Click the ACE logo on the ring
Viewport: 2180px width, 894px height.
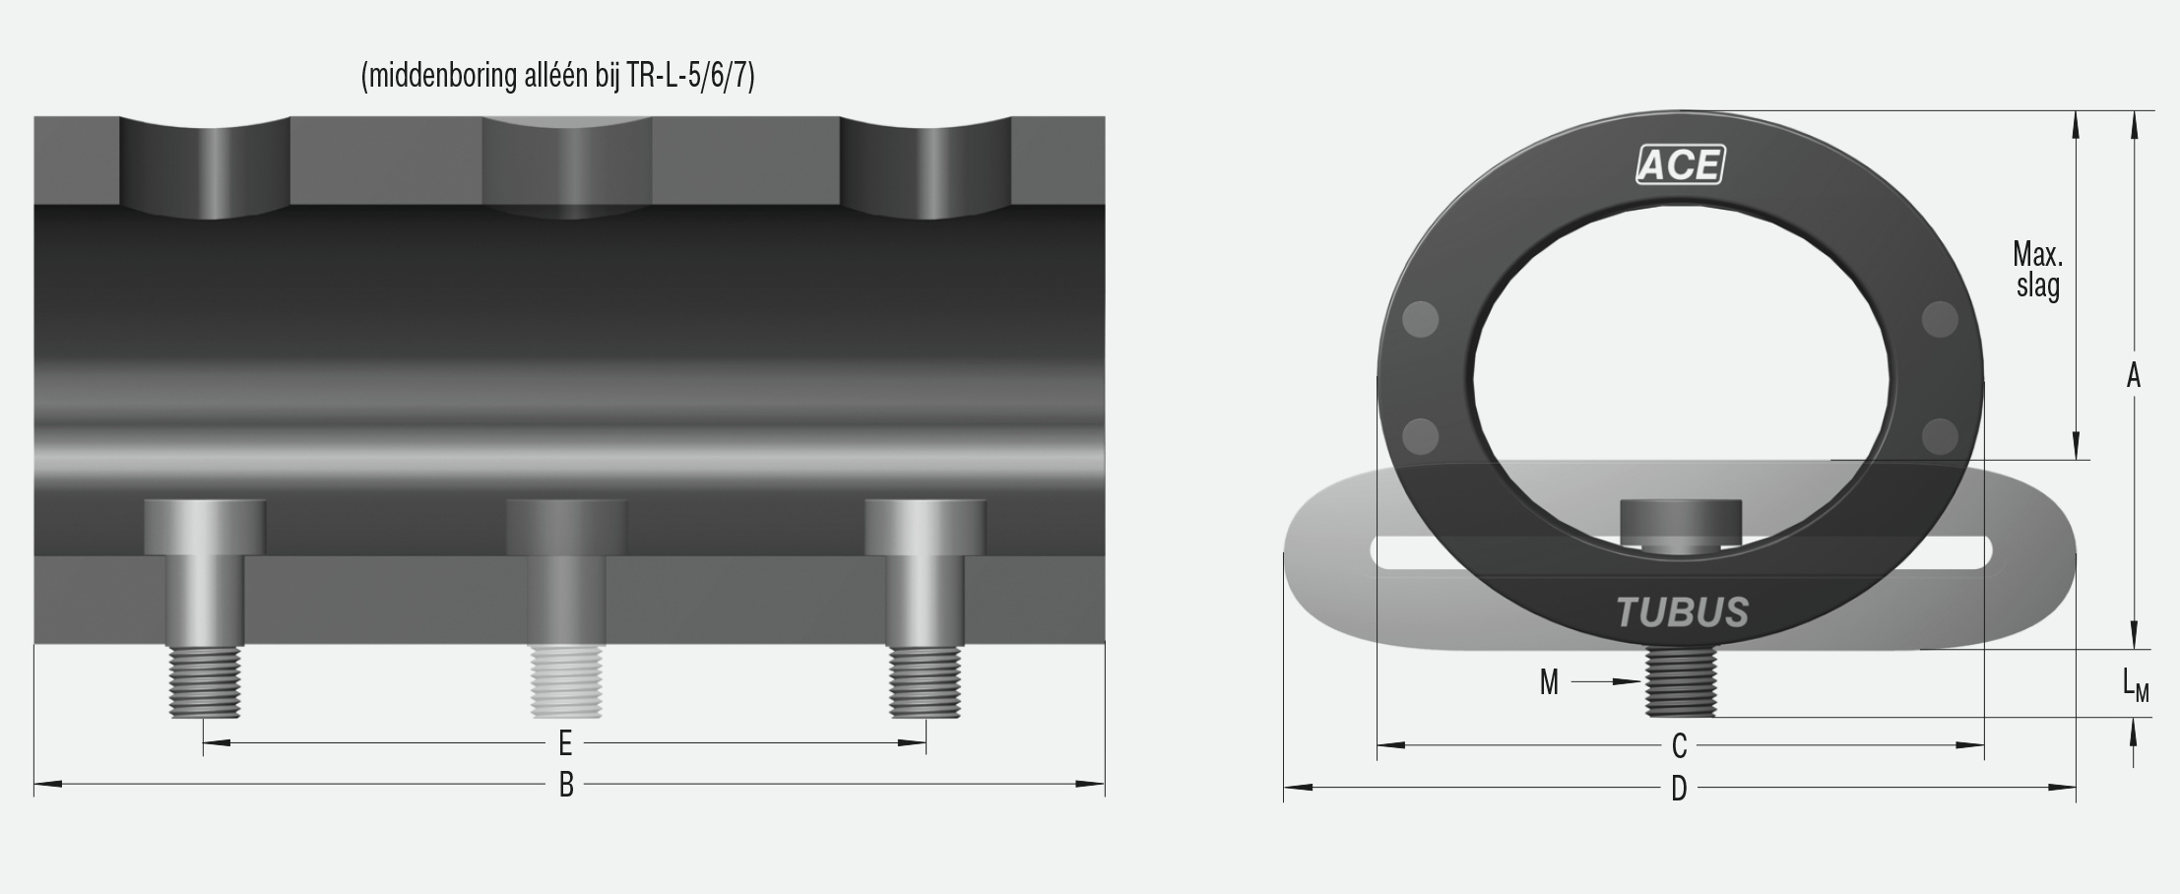click(x=1680, y=164)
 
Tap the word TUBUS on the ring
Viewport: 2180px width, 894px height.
click(x=1682, y=612)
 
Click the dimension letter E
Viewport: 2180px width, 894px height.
click(x=565, y=742)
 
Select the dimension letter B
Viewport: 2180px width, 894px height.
click(x=566, y=785)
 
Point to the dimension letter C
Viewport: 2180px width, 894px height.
click(x=1680, y=746)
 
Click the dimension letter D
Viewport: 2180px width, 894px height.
click(x=1679, y=788)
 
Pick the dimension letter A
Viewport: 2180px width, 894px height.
click(x=2133, y=376)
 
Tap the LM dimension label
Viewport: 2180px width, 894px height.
click(x=2135, y=684)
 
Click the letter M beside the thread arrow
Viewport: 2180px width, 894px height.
click(x=1549, y=682)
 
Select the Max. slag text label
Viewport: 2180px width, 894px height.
click(x=2037, y=270)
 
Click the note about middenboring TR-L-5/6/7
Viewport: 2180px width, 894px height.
click(x=557, y=76)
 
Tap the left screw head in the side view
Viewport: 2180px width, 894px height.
click(x=205, y=527)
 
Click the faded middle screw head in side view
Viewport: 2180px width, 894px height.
click(x=566, y=527)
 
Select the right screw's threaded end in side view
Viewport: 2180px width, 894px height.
click(x=925, y=681)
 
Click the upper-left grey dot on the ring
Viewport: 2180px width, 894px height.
click(x=1420, y=319)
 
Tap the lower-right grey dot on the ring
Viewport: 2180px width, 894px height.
click(x=1939, y=436)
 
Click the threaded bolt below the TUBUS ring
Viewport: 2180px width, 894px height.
click(x=1681, y=681)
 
